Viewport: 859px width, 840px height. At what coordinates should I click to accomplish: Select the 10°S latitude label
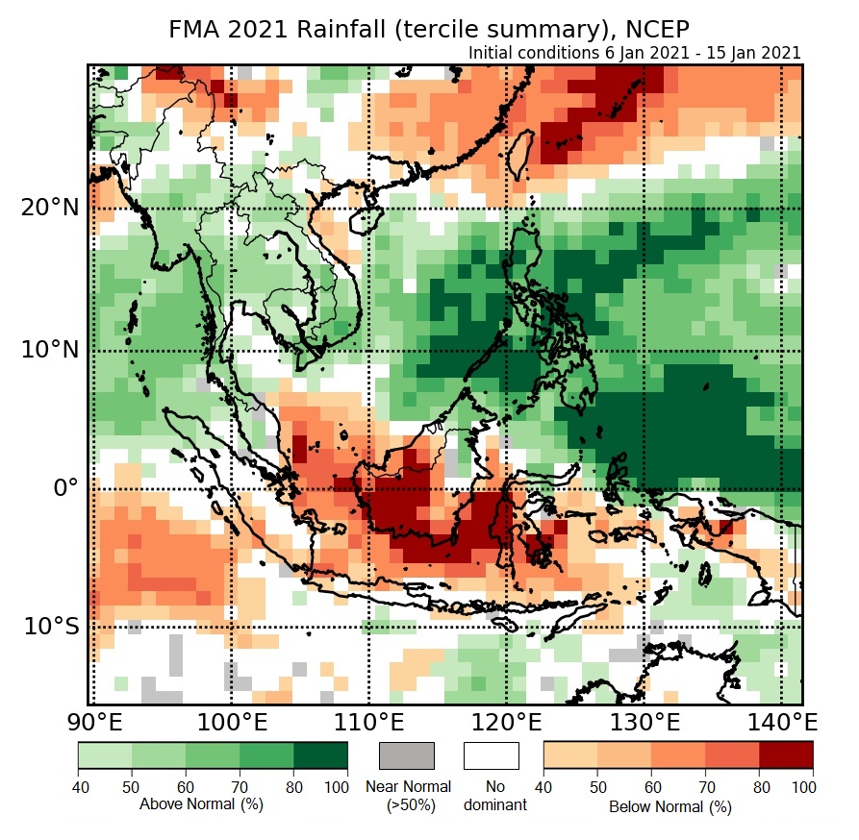(51, 627)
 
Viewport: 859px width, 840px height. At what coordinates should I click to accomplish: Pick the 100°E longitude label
(231, 722)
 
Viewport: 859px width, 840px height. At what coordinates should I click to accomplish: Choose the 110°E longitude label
(368, 722)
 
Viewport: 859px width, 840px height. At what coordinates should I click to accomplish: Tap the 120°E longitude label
(506, 722)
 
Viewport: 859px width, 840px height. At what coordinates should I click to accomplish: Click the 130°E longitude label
(644, 722)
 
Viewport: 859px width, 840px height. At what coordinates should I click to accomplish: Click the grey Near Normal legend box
(407, 755)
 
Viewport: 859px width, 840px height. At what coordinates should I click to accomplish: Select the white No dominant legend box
(491, 755)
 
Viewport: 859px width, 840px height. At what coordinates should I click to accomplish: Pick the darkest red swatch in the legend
(786, 755)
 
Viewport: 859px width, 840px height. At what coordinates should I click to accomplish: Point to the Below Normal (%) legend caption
(670, 806)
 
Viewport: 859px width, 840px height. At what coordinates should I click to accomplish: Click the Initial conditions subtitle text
(635, 53)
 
